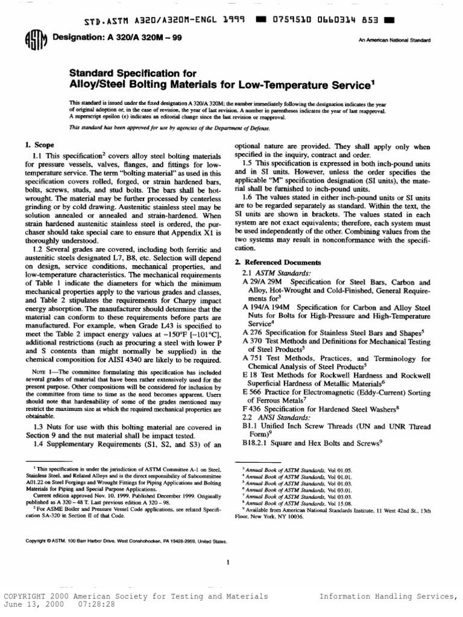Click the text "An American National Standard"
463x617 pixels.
tap(394, 40)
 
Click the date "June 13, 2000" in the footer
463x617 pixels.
tap(32, 604)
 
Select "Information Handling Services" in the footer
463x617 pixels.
tap(386, 597)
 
